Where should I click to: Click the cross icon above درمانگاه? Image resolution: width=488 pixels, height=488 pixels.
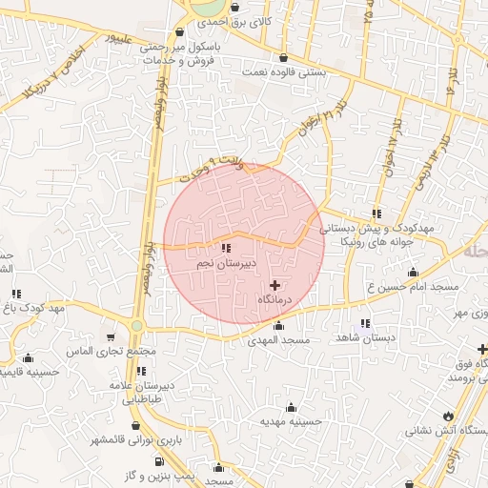click(x=275, y=284)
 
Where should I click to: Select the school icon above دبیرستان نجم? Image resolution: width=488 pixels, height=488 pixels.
click(x=226, y=249)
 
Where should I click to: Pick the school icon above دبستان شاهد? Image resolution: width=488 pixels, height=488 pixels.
click(x=365, y=324)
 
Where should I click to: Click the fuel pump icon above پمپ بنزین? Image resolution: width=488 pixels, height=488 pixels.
click(x=157, y=461)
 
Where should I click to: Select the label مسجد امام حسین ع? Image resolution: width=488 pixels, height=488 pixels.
click(x=414, y=286)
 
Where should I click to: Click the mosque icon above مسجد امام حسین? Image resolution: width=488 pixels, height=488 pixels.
click(x=413, y=273)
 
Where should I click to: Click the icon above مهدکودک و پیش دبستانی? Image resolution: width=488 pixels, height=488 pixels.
click(x=377, y=213)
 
